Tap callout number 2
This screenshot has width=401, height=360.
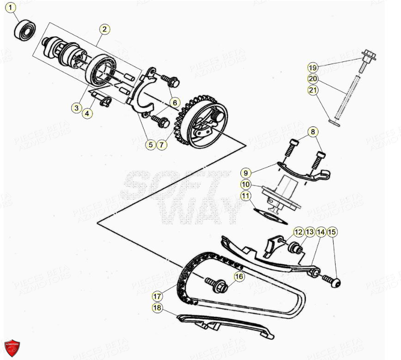pyautogui.click(x=104, y=30)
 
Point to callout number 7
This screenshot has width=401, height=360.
pyautogui.click(x=161, y=145)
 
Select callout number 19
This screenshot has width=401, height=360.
pyautogui.click(x=313, y=68)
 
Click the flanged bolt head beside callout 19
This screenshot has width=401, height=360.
pyautogui.click(x=369, y=55)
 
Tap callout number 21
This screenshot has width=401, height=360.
pyautogui.click(x=313, y=91)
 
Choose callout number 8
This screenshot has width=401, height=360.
pyautogui.click(x=313, y=133)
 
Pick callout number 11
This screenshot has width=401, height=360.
pyautogui.click(x=246, y=196)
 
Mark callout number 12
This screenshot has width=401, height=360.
pyautogui.click(x=298, y=232)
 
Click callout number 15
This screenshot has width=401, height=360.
pyautogui.click(x=332, y=232)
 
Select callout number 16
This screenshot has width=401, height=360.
pyautogui.click(x=238, y=277)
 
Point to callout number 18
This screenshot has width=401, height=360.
pyautogui.click(x=158, y=308)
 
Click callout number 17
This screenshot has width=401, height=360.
pyautogui.click(x=158, y=295)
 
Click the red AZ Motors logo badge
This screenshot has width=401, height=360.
pyautogui.click(x=12, y=348)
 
